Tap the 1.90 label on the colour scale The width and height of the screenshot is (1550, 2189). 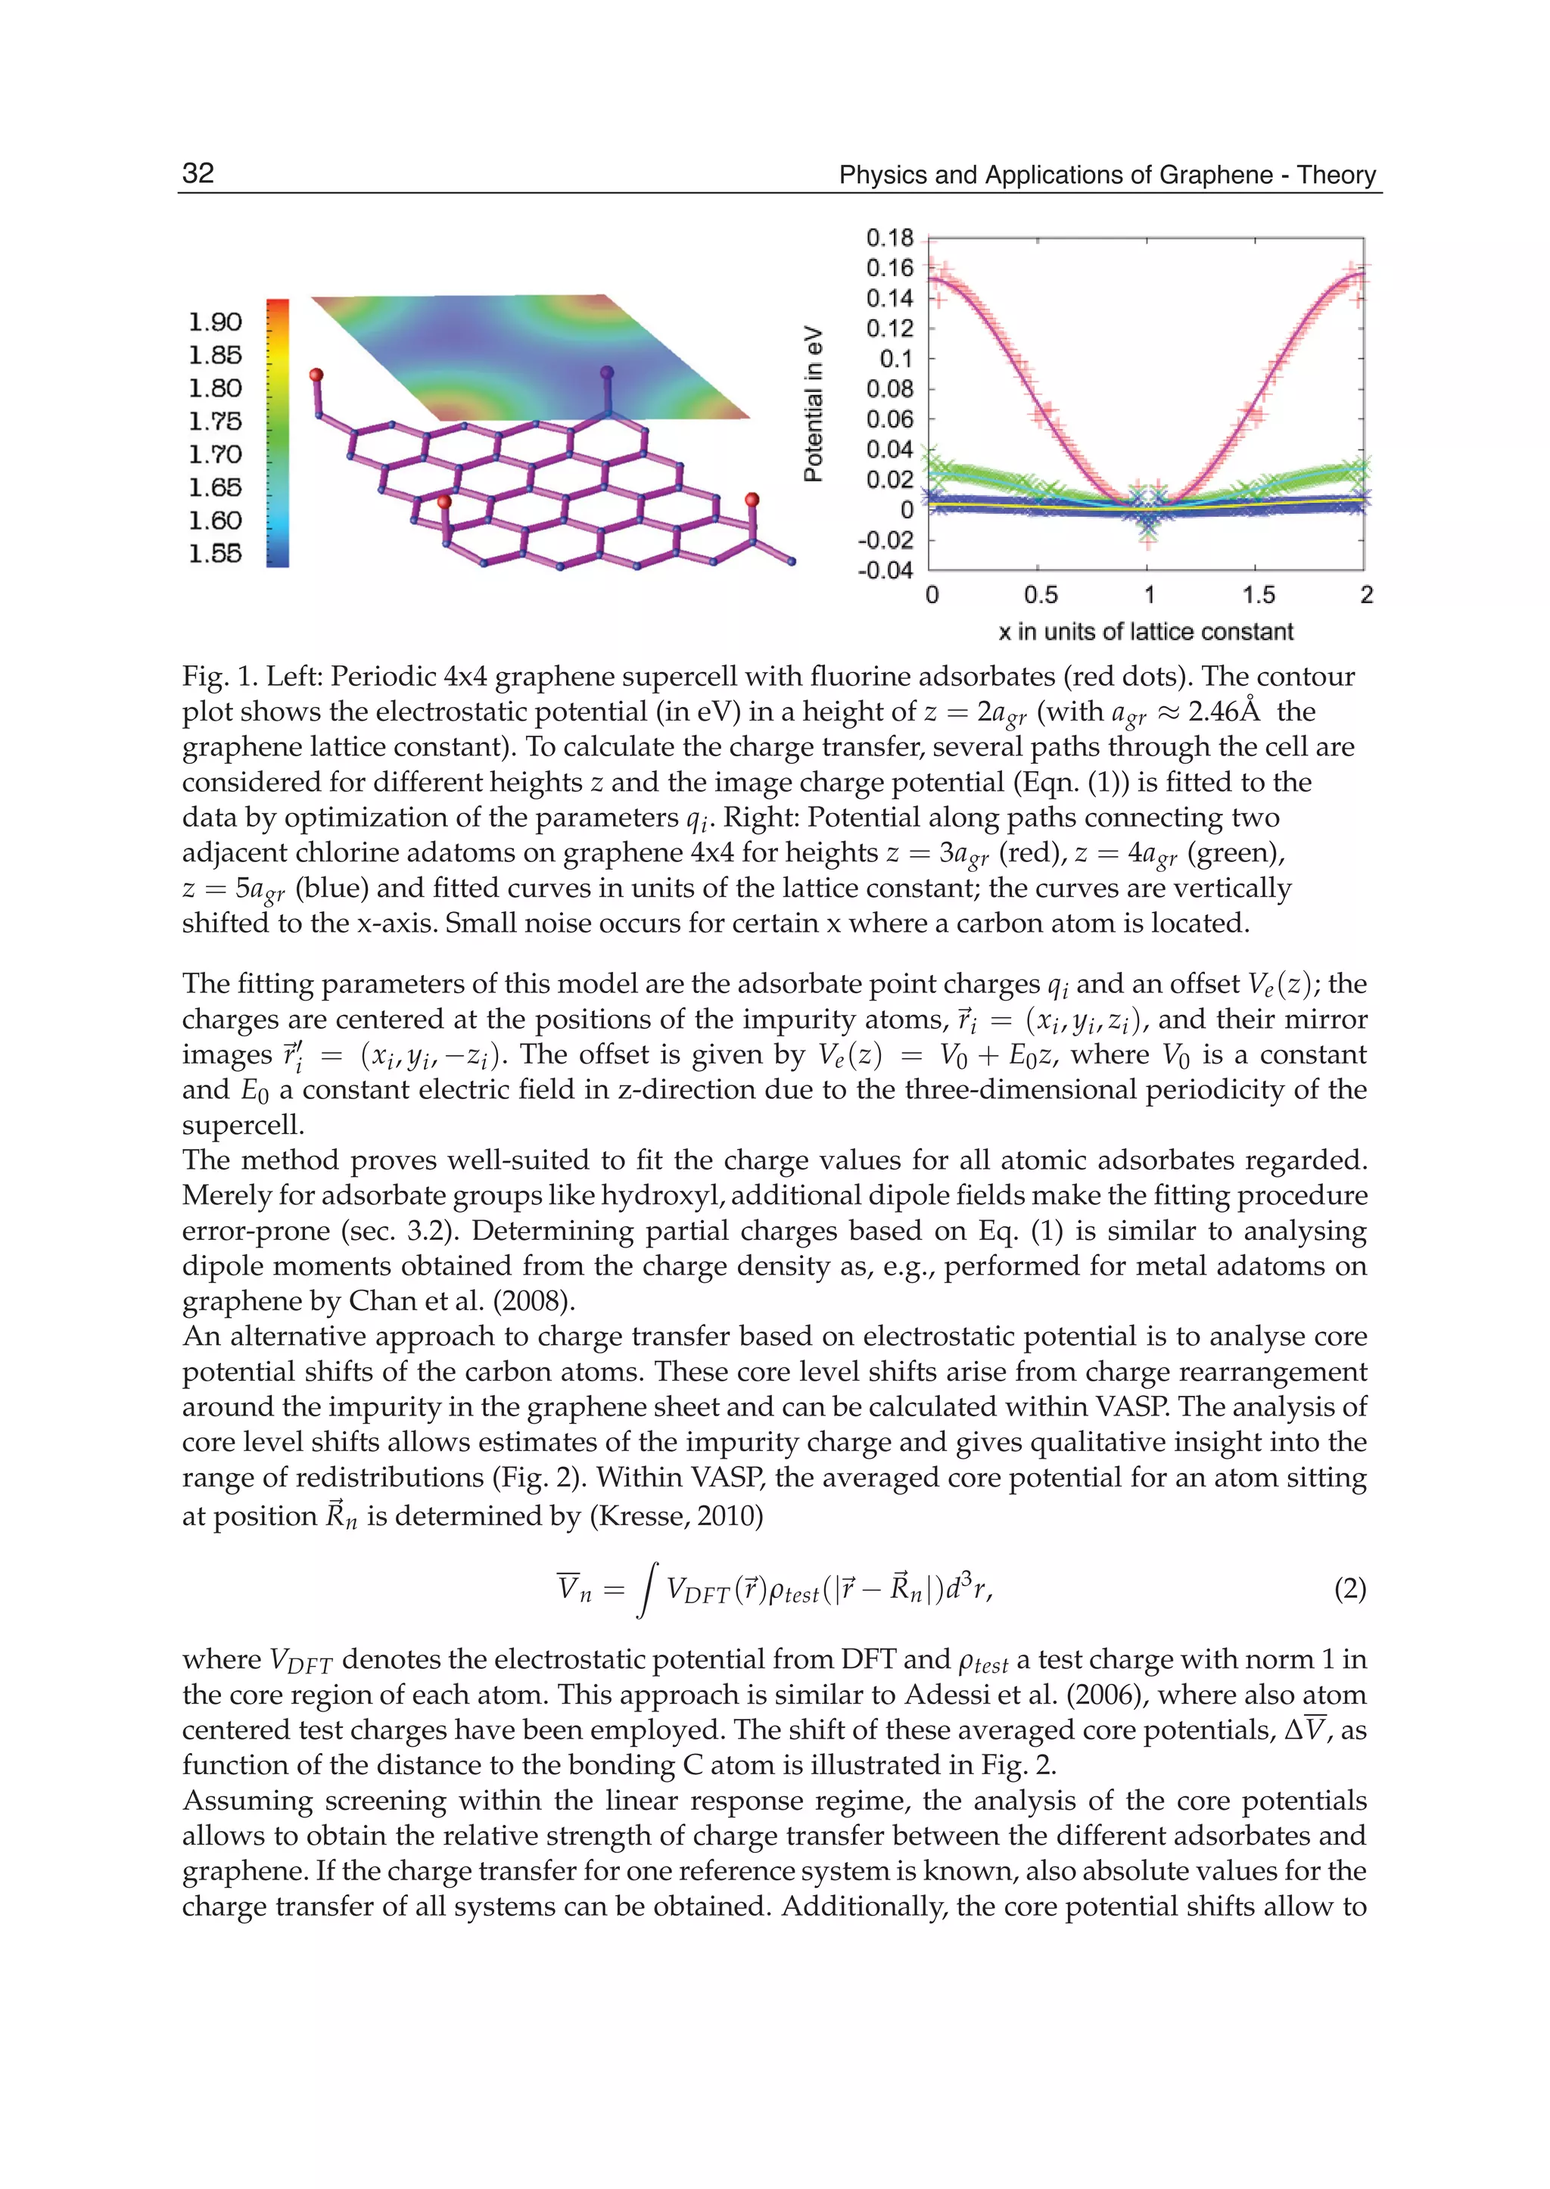click(x=215, y=322)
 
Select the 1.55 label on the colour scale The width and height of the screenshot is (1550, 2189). click(x=215, y=554)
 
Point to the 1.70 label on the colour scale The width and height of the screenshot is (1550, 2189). click(x=215, y=454)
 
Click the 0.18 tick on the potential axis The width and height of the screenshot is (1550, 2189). click(x=889, y=238)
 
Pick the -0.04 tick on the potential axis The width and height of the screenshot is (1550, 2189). click(x=885, y=570)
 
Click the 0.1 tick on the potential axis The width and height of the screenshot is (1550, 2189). click(x=896, y=359)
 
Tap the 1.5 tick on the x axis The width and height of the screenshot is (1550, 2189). click(x=1258, y=596)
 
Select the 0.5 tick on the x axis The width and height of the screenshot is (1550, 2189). click(x=1041, y=596)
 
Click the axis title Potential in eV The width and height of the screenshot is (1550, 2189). click(x=813, y=404)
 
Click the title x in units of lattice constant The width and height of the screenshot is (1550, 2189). click(x=1145, y=632)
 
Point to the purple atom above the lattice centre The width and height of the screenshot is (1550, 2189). click(x=607, y=373)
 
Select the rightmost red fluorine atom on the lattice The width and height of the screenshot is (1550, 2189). click(x=752, y=500)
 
